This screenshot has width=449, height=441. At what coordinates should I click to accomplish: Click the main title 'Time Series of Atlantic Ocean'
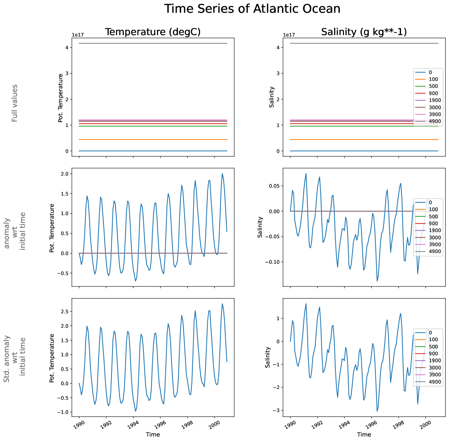click(252, 9)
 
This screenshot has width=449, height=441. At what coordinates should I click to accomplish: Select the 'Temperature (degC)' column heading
click(153, 32)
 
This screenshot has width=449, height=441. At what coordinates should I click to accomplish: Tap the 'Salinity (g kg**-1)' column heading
click(364, 32)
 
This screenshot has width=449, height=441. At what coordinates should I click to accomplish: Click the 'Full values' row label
click(14, 103)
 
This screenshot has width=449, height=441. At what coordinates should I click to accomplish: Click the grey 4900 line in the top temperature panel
click(153, 43)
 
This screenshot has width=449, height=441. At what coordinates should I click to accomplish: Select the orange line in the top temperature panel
click(153, 139)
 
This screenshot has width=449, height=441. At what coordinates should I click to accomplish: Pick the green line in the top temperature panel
click(153, 126)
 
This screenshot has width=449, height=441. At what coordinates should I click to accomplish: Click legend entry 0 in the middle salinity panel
click(430, 202)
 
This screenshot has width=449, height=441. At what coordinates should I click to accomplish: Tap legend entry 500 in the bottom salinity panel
click(434, 347)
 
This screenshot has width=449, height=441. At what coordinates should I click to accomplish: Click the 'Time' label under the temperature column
click(153, 434)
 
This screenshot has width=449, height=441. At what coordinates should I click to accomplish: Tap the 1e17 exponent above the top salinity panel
click(289, 35)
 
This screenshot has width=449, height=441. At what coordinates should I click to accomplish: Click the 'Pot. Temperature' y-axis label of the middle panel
click(52, 228)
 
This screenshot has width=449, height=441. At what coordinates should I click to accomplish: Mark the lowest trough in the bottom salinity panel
click(377, 411)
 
